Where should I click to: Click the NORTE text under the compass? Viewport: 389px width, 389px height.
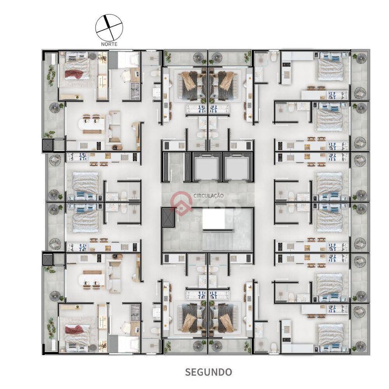tap(109, 44)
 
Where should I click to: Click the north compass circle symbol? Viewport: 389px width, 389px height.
tap(109, 26)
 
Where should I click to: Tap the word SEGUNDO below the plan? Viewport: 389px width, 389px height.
tap(208, 372)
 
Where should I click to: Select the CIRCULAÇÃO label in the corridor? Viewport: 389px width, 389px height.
tap(208, 196)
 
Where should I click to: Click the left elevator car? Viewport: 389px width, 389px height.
tap(207, 167)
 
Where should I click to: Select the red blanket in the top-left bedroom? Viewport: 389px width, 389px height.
tap(74, 73)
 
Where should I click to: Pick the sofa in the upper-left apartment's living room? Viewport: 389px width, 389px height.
tap(114, 127)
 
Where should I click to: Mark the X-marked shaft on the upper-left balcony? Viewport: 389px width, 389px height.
tap(47, 145)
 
